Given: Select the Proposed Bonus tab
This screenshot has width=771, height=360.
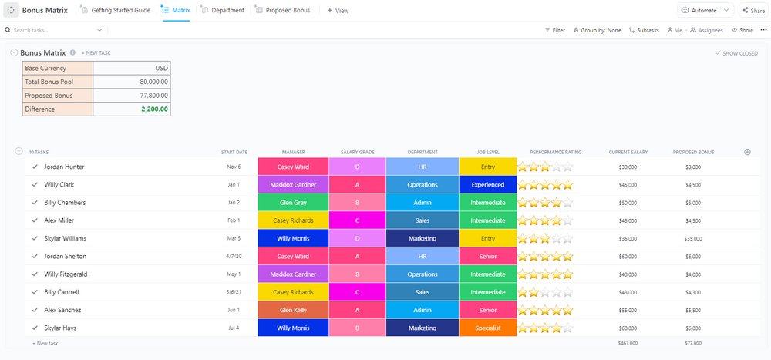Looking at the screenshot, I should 282,10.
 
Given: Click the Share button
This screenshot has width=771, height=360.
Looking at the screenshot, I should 753,10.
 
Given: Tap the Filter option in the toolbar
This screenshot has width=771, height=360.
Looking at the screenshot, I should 554,30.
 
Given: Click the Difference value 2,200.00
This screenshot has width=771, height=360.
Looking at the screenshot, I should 154,109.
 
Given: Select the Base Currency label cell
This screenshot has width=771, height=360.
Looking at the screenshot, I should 58,69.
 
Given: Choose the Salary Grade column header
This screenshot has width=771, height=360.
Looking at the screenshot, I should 357,152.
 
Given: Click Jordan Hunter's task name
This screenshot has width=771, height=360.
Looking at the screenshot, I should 64,167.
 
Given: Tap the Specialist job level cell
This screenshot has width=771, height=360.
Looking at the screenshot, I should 487,328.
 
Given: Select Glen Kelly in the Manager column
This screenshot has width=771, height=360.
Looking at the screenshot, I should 293,310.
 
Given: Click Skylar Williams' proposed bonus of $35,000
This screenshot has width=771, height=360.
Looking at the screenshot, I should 693,238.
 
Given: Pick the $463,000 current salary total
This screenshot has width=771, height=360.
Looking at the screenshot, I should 628,343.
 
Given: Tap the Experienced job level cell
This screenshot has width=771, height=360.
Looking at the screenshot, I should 487,184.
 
